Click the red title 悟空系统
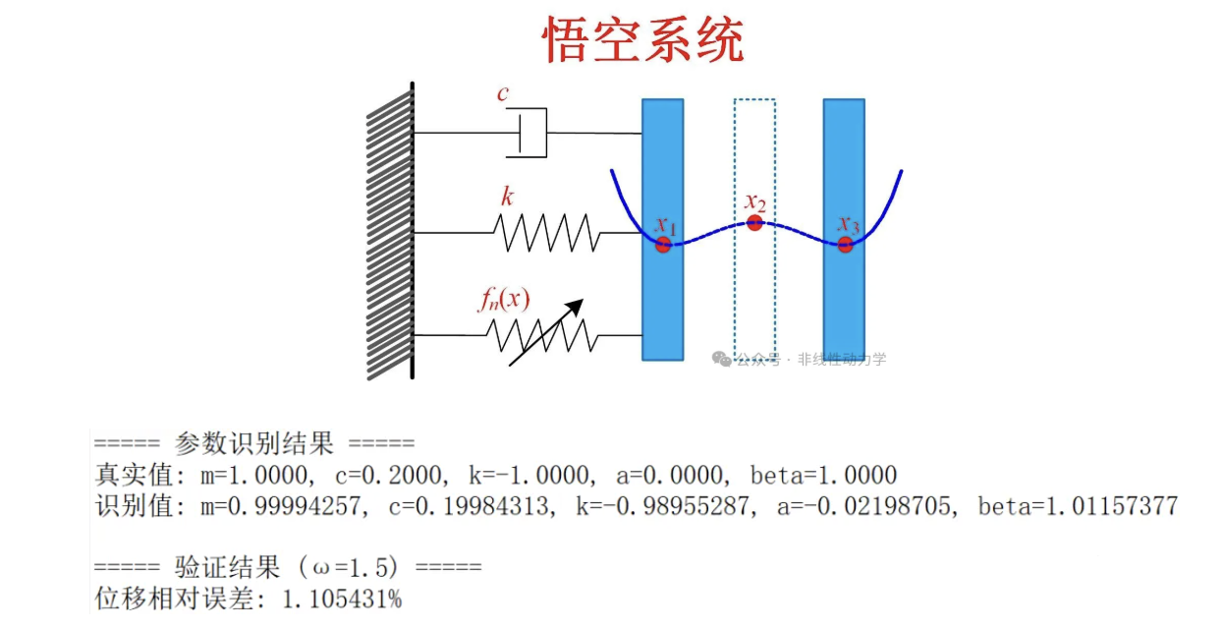tap(643, 41)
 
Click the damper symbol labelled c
tap(528, 133)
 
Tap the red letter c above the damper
tap(503, 94)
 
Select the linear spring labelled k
tap(545, 233)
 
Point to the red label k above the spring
tap(507, 197)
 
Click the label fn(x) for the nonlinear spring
tap(504, 299)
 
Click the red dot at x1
tap(663, 244)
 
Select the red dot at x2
tap(754, 222)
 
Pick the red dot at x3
tap(846, 244)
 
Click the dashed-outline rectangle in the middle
tap(754, 295)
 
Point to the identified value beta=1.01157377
tap(1078, 507)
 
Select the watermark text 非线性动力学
tap(842, 360)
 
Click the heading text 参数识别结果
tap(254, 443)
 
